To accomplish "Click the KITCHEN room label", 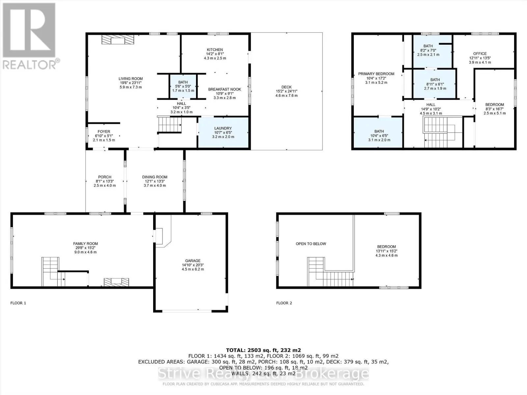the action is point(215,50).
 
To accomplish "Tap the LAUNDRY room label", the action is point(223,128).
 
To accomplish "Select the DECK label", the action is point(287,87).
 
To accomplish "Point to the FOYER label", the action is point(104,132).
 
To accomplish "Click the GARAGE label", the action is point(193,261).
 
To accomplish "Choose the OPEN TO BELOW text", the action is point(311,244).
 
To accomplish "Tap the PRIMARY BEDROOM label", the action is point(376,74).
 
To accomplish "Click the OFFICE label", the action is point(480,54).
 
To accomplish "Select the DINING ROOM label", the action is point(154,177).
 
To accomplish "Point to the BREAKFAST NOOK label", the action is point(225,89).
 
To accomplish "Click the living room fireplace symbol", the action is point(118,40).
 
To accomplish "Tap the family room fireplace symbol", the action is point(116,282).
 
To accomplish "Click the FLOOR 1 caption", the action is point(18,303).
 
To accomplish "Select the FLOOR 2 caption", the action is point(284,303).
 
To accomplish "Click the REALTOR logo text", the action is point(30,65).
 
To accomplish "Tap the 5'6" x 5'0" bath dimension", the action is point(183,86).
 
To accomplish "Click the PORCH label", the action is point(105,177).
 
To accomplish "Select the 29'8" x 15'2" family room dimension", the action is point(85,248).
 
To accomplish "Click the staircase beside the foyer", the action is point(170,124).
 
